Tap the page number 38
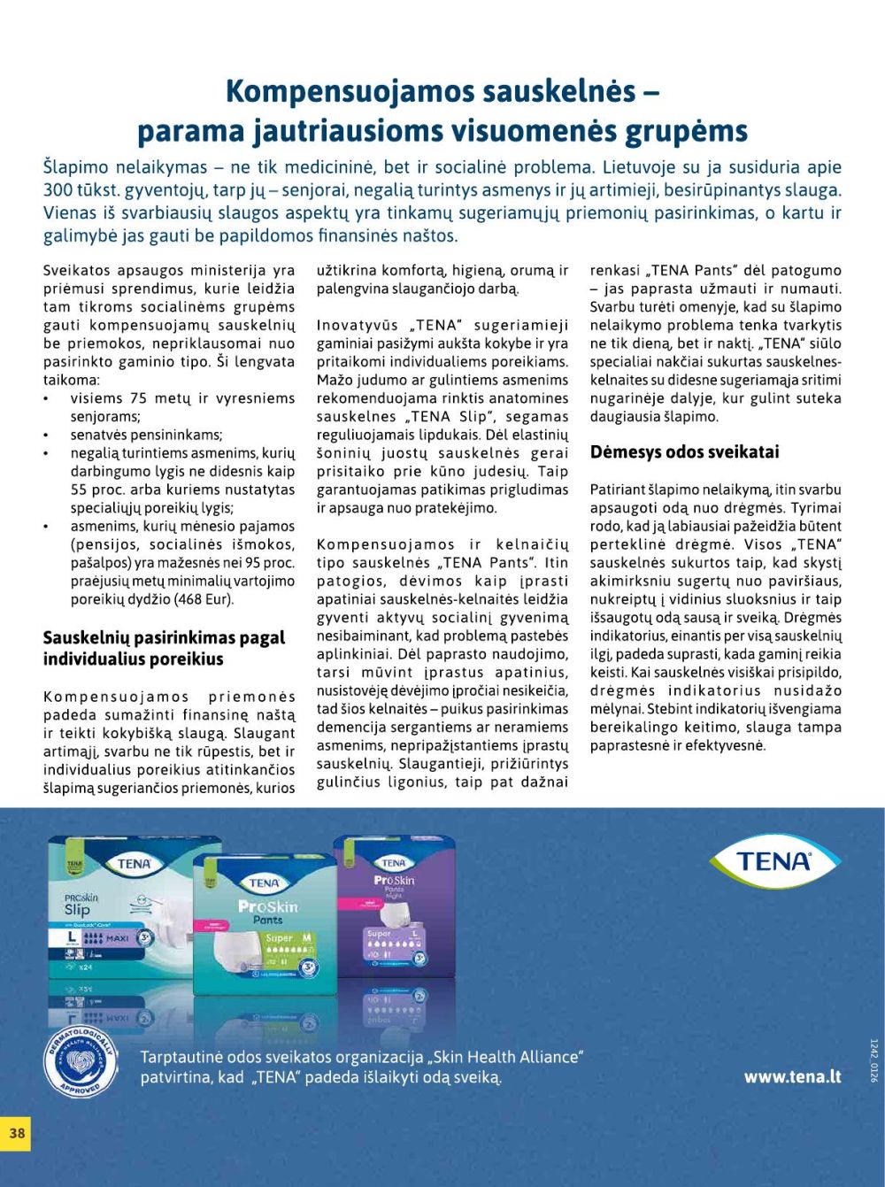(17, 1132)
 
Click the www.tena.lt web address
(792, 1076)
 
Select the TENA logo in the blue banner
(774, 861)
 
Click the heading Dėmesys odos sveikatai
(684, 452)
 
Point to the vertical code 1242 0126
(873, 1060)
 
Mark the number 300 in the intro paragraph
(58, 190)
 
